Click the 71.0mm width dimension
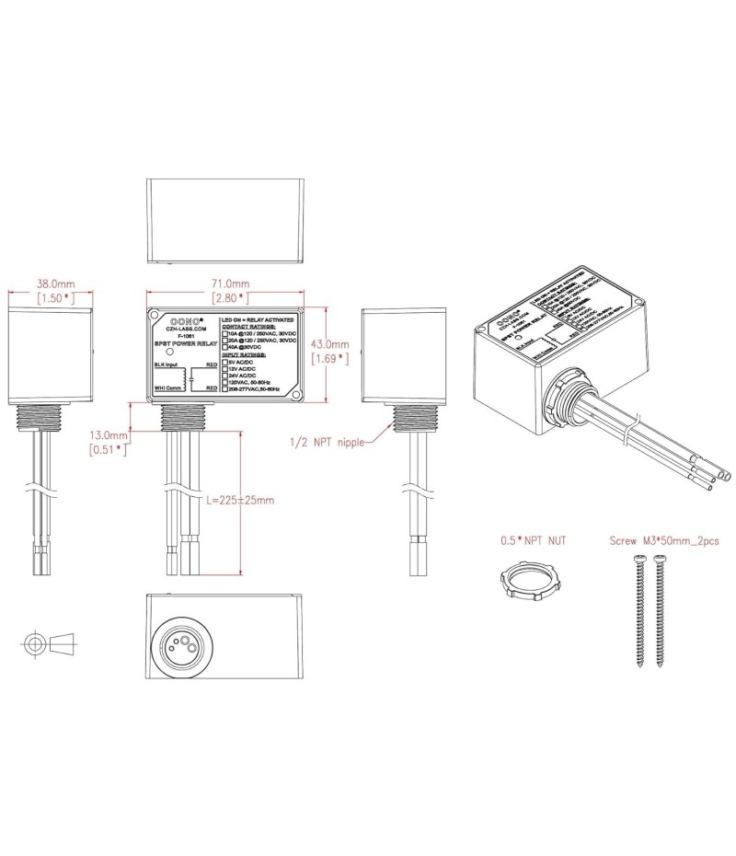pyautogui.click(x=229, y=283)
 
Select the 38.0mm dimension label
pyautogui.click(x=54, y=283)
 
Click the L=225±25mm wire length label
pyautogui.click(x=241, y=501)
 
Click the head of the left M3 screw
pyautogui.click(x=634, y=560)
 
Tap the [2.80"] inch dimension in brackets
pyautogui.click(x=229, y=299)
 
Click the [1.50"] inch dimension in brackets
pyautogui.click(x=54, y=299)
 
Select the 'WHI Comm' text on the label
pyautogui.click(x=167, y=388)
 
